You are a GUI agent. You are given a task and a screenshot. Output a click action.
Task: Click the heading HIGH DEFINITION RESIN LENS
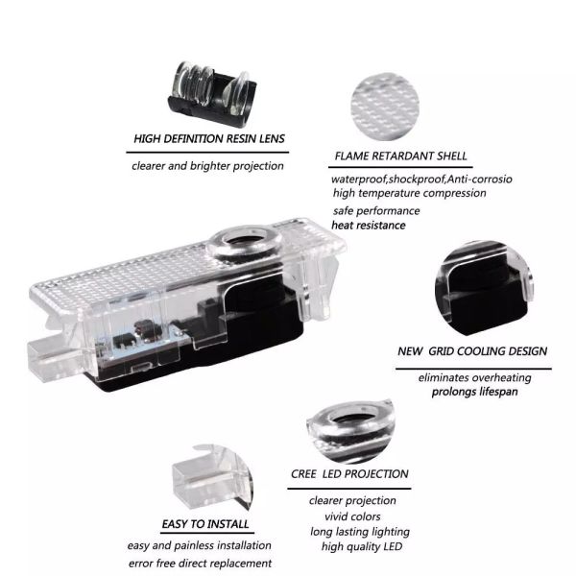pos(209,139)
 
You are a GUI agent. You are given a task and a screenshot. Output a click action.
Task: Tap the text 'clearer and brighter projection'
pos(207,166)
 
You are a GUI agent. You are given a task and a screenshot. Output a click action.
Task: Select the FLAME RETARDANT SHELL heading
pos(400,156)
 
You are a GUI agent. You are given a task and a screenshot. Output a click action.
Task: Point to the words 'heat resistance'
pos(369,226)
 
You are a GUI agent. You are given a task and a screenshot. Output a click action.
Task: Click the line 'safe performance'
pos(376,211)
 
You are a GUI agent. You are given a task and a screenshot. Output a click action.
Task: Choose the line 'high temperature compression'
pos(410,193)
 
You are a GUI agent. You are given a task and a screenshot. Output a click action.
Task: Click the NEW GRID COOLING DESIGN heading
pos(472,351)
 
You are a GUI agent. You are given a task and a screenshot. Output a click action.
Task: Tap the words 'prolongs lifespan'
pos(474,392)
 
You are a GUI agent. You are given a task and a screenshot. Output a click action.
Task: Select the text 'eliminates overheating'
pos(474,378)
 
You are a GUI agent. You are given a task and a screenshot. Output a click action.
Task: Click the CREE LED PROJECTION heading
pos(349,474)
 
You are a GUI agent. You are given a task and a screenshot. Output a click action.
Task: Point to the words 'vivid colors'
pos(352,516)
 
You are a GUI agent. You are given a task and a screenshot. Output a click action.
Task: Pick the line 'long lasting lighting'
pos(360,532)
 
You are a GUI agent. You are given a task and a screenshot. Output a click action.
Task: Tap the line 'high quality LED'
pos(362,546)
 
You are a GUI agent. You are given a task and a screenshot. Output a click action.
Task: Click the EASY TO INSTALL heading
pos(205,524)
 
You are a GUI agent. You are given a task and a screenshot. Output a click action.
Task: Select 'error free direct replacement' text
pos(200,564)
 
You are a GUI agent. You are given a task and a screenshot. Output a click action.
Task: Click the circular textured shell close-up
pos(385,107)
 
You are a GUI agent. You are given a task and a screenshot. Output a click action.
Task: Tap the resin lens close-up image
pos(212,94)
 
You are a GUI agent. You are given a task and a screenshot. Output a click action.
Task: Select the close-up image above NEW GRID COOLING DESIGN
pos(484,288)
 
